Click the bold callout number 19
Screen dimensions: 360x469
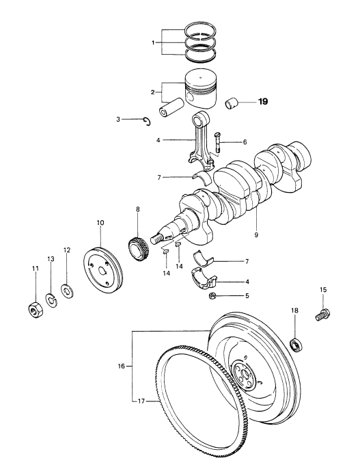[x=263, y=102]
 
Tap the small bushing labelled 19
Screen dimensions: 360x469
[x=231, y=104]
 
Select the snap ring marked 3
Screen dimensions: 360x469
[x=147, y=121]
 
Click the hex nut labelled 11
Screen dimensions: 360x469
[x=36, y=310]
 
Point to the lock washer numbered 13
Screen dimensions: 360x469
[x=51, y=300]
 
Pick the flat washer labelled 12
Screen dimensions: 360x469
[x=67, y=291]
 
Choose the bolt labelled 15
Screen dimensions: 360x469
[x=322, y=314]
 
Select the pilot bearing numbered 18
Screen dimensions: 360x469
[x=297, y=345]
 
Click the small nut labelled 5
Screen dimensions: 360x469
[x=212, y=296]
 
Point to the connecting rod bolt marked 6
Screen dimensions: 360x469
[x=217, y=143]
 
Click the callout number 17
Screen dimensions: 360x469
[x=141, y=401]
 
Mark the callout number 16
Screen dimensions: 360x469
[x=121, y=366]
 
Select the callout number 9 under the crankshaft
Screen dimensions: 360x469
[x=256, y=235]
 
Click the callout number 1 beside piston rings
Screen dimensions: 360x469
[x=153, y=43]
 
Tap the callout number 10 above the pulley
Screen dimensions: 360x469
[x=100, y=223]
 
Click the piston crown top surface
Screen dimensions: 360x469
[x=200, y=79]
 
